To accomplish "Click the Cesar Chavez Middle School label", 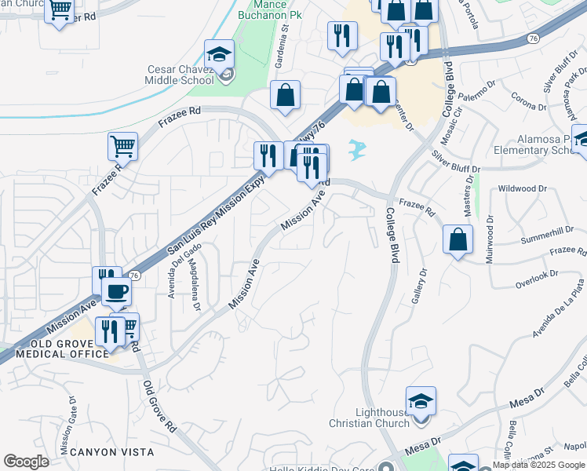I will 180,75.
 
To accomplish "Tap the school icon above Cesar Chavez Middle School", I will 219,55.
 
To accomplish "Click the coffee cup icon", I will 117,292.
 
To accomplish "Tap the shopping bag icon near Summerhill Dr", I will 458,240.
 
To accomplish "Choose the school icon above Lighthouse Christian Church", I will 421,401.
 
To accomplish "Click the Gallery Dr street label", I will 419,288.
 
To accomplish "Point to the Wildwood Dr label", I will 522,188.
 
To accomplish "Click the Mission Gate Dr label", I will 64,423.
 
